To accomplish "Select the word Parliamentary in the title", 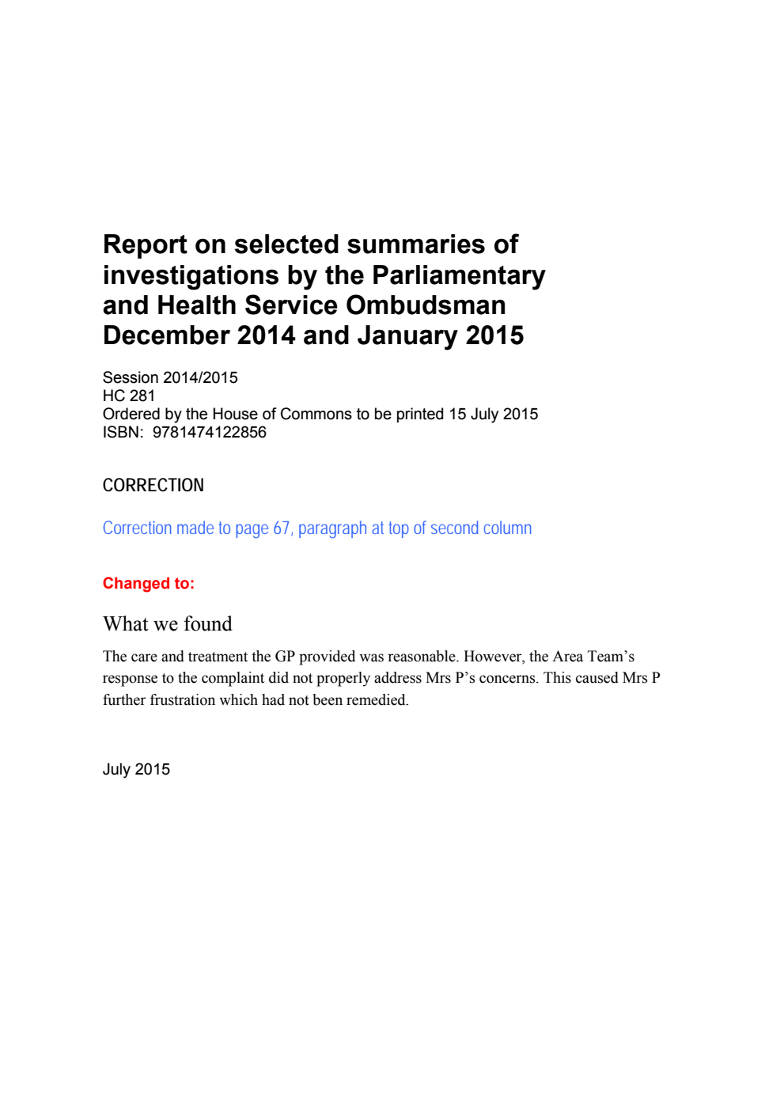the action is (x=458, y=275).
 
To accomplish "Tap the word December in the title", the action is (x=165, y=335).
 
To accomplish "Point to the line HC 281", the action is (x=129, y=396).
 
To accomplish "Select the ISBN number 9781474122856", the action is (x=210, y=432).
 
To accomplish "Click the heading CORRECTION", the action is (x=153, y=485).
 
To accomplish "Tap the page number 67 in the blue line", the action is (x=282, y=528).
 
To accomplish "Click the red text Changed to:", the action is (x=149, y=583).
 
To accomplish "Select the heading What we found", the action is (x=168, y=624).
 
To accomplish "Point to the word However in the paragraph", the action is (x=494, y=657).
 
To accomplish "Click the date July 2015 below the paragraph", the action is (x=136, y=769).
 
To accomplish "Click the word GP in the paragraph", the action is (x=285, y=657).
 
